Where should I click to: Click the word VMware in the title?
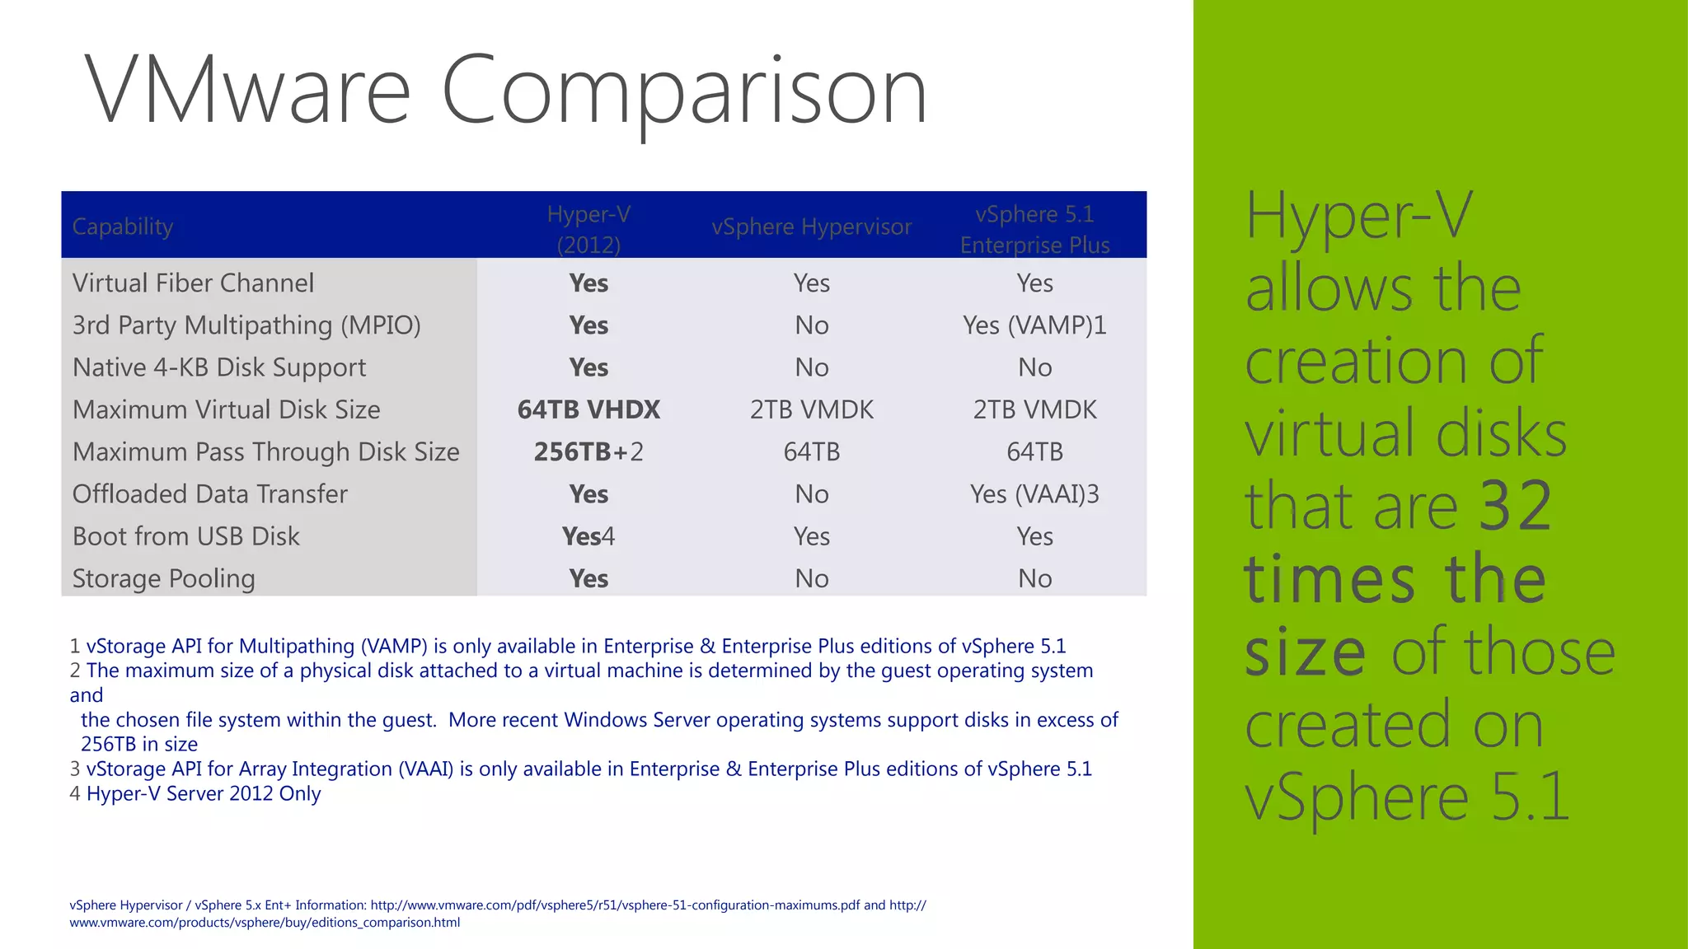click(x=247, y=89)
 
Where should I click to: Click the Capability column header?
click(x=123, y=227)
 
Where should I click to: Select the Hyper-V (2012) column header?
click(x=588, y=229)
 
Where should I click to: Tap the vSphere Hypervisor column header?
click(x=812, y=227)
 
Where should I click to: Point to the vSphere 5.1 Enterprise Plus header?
click(x=1034, y=229)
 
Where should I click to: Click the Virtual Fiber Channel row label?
click(x=193, y=283)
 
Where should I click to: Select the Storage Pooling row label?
click(x=163, y=578)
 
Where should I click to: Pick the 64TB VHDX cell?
click(x=588, y=409)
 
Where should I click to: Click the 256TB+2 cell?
click(x=588, y=451)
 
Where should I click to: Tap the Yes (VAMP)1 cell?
click(x=1034, y=325)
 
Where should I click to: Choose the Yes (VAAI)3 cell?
click(x=1034, y=494)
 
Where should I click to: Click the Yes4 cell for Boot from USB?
click(x=588, y=536)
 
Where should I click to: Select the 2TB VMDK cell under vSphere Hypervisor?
click(x=812, y=409)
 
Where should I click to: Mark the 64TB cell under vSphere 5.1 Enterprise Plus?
click(x=1034, y=451)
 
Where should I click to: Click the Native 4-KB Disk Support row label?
click(x=219, y=367)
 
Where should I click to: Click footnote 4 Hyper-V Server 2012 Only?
click(x=196, y=793)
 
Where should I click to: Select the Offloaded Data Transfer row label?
click(x=210, y=494)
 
